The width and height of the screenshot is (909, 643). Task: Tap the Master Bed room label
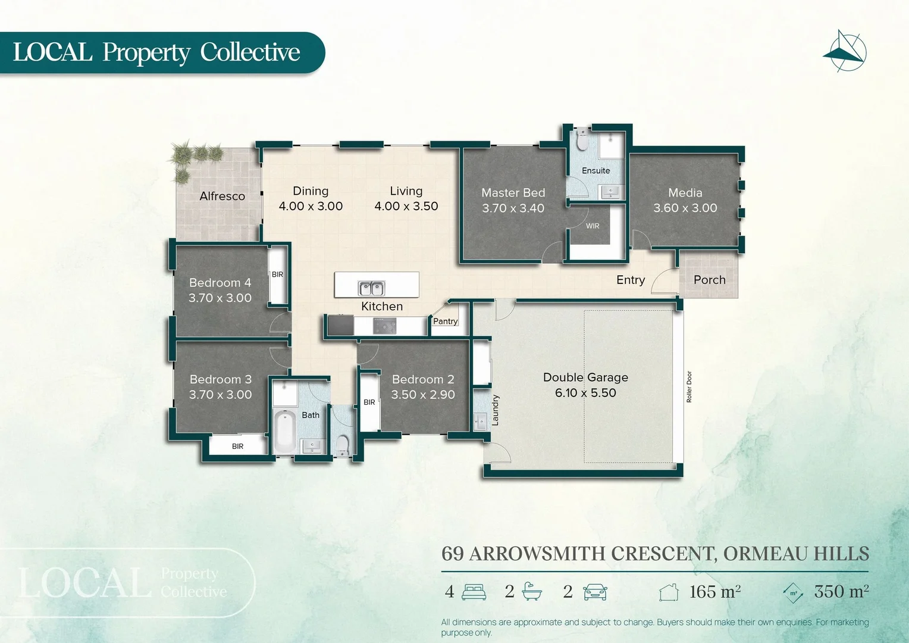(513, 192)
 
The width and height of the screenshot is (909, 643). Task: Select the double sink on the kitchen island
(371, 288)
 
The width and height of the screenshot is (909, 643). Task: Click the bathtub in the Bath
(284, 432)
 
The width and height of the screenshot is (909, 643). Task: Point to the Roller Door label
(689, 387)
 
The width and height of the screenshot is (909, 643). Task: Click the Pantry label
(445, 321)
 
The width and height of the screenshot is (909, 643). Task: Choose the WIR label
(593, 226)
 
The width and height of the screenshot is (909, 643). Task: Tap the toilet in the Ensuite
(582, 139)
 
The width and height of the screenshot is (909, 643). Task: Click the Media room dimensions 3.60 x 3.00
(685, 208)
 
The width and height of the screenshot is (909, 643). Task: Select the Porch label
(709, 279)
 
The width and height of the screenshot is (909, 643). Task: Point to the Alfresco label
(222, 196)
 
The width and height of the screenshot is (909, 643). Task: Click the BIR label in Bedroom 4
(278, 274)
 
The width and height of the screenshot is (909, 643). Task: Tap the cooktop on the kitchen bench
(384, 326)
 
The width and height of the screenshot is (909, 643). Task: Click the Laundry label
(495, 410)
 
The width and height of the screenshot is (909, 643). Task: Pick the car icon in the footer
(595, 592)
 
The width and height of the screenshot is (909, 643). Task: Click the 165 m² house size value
(714, 591)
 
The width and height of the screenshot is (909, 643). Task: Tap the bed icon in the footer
(474, 592)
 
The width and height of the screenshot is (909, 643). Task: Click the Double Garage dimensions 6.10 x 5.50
(585, 393)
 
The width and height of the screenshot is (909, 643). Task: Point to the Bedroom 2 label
(423, 379)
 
